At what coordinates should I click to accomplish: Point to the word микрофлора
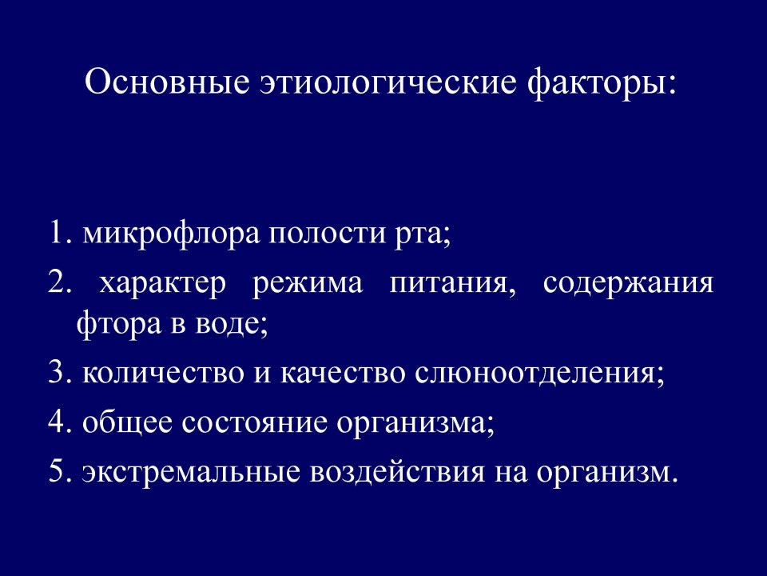click(171, 234)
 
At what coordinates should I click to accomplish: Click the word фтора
click(118, 325)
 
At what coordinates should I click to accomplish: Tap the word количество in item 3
click(163, 374)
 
